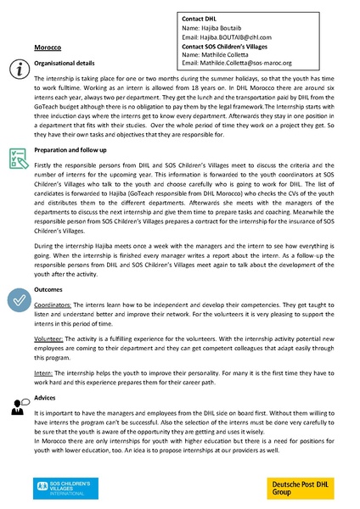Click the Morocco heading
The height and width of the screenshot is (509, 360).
click(x=46, y=49)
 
